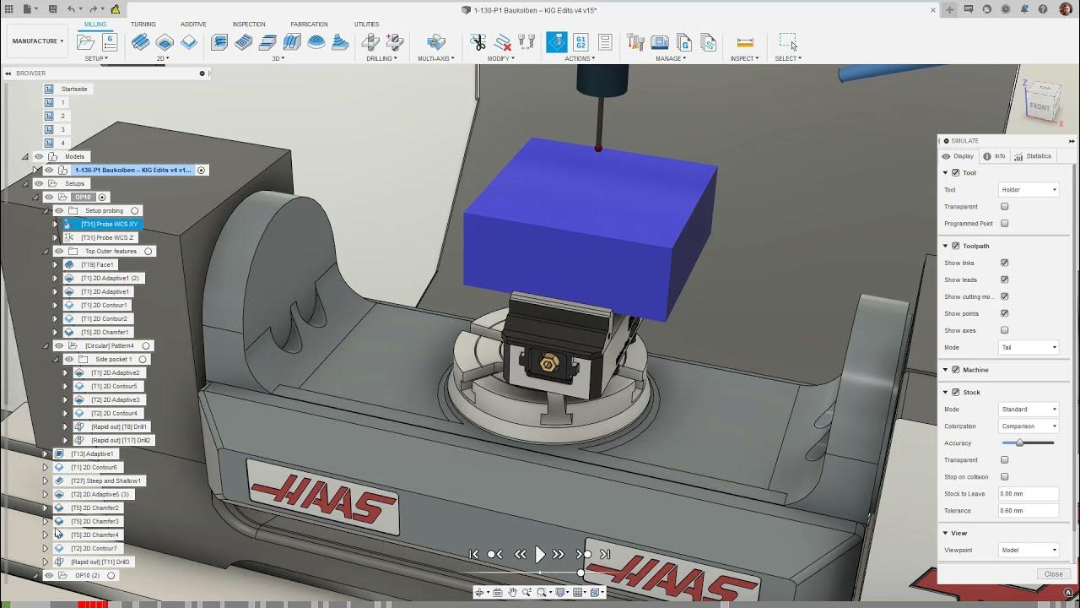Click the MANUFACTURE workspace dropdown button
(x=38, y=41)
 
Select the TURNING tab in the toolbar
(x=143, y=24)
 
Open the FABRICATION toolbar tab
(x=309, y=24)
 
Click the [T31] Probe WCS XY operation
(x=109, y=224)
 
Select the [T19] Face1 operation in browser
(x=97, y=264)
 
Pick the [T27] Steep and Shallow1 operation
(x=106, y=480)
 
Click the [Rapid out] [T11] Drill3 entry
(x=100, y=562)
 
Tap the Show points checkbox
(x=1004, y=313)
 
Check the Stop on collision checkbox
(x=1004, y=477)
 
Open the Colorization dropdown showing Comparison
(x=1029, y=426)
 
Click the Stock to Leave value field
(x=1028, y=494)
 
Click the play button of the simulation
(x=540, y=554)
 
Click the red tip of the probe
(x=598, y=149)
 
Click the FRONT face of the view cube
(x=1039, y=107)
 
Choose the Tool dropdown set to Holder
(x=1029, y=190)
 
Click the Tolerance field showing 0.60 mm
(x=1028, y=511)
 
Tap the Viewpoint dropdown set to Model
(x=1029, y=551)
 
